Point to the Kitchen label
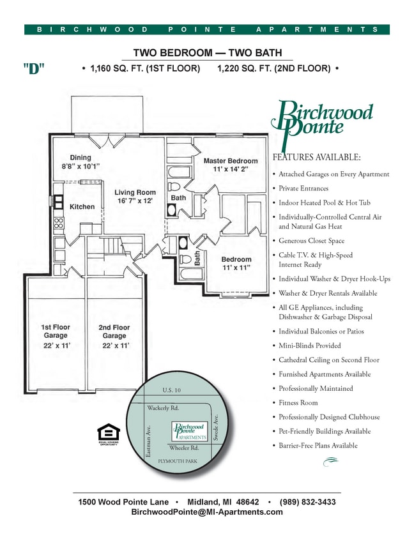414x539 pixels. (82, 206)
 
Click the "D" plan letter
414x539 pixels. (34, 69)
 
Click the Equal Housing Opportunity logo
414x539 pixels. (107, 433)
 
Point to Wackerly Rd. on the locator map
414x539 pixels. (162, 407)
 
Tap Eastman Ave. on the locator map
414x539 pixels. (148, 440)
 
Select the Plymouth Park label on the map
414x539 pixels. (178, 460)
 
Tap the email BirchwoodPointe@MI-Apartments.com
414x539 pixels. (206, 512)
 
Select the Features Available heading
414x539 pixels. (316, 157)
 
